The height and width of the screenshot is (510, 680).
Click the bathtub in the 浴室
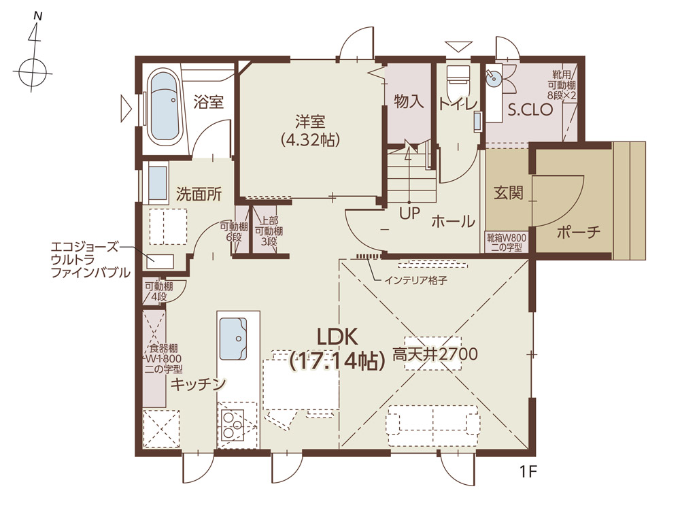165,108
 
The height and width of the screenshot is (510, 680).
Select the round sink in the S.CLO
493,78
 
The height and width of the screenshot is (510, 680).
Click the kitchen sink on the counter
233,339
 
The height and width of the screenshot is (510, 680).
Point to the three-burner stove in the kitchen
233,424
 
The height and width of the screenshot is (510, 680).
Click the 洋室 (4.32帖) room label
310,131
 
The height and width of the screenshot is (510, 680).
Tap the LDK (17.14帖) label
337,349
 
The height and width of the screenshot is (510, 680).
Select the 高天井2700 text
435,354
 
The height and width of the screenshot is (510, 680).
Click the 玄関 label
508,192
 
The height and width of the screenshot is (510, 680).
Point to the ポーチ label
579,233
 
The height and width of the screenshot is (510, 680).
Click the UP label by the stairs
410,214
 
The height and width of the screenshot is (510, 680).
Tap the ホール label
453,221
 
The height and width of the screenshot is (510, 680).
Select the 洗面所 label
199,194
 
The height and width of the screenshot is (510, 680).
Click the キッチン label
198,384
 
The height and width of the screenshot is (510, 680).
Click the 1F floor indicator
528,471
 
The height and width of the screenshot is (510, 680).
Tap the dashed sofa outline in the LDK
434,426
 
